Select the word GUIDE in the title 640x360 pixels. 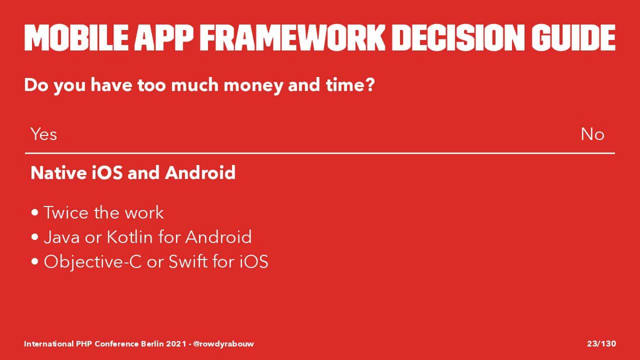(x=573, y=37)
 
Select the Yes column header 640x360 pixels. (x=43, y=134)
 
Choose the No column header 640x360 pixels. (x=592, y=134)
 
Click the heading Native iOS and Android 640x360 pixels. (x=133, y=172)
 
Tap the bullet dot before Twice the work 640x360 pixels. (x=35, y=212)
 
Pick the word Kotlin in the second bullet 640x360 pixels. (x=129, y=237)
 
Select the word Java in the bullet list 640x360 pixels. (x=61, y=237)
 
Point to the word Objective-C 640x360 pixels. (x=93, y=262)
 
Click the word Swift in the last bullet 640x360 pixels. (x=188, y=261)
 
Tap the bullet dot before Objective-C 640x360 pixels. (x=35, y=261)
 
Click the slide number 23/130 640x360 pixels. (x=601, y=343)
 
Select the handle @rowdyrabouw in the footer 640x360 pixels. (x=223, y=343)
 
